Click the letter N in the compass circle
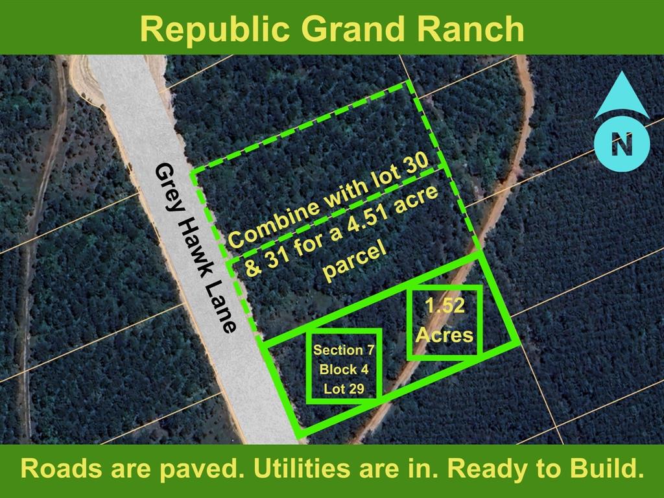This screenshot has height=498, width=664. tap(621, 144)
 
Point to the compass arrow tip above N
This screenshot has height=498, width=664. tap(621, 72)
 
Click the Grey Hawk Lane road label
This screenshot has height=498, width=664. tap(196, 248)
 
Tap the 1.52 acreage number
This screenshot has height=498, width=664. tap(445, 305)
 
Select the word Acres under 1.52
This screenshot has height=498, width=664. tap(444, 335)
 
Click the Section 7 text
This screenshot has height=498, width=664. tap(344, 350)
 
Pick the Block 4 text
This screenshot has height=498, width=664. tap(344, 369)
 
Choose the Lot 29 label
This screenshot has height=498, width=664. tap(344, 389)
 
